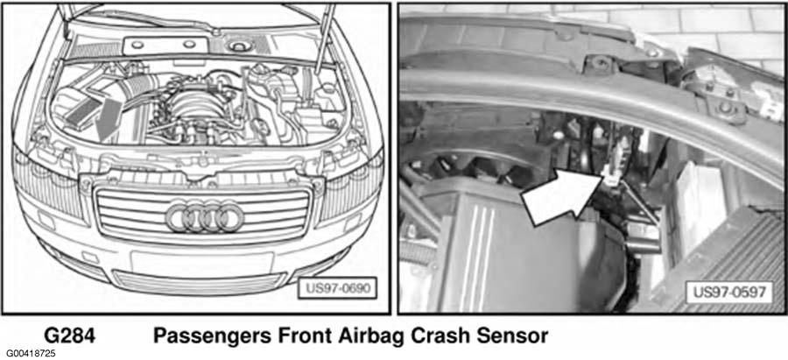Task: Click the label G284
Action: tap(70, 335)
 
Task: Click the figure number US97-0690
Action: tap(336, 288)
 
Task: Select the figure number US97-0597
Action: tap(729, 292)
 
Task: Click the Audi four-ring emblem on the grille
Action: tap(205, 218)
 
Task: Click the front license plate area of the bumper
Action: tap(202, 262)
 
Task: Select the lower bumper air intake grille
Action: tap(199, 283)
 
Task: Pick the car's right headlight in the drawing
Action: tap(48, 185)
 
